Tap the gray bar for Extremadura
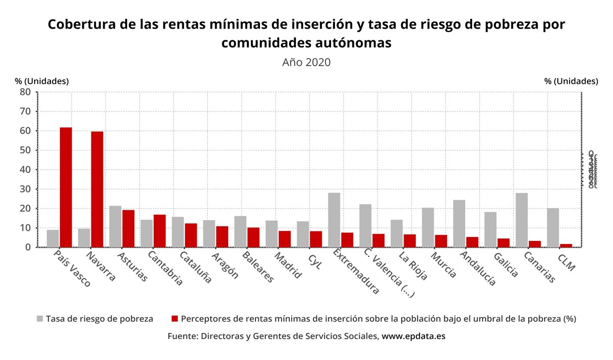334,220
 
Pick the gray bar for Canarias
522,220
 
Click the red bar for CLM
566,245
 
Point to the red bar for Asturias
128,228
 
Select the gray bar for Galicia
490,229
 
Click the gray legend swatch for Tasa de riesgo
40,319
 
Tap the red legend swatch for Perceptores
175,319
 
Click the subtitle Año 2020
306,62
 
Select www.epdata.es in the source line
413,337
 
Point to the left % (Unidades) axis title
42,81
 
